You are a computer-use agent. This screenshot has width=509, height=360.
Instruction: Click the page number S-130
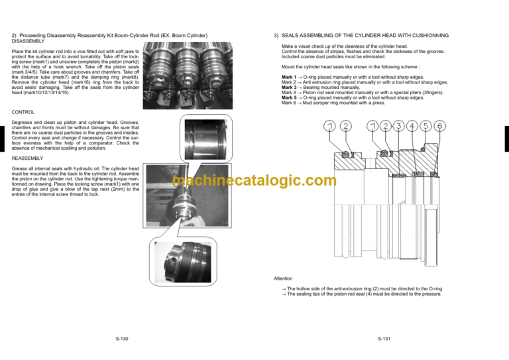pos(122,339)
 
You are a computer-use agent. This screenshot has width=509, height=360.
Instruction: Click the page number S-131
pos(384,339)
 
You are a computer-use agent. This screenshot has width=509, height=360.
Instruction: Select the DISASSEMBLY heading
pos(28,41)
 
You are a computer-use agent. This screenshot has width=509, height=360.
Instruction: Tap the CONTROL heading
pos(23,112)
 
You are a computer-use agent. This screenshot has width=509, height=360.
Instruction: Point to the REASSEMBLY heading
pos(27,158)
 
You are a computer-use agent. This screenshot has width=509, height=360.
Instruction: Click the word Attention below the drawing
pos(283,278)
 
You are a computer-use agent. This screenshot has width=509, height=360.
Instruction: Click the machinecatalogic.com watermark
pos(254,180)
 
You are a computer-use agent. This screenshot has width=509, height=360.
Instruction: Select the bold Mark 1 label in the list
pos(289,77)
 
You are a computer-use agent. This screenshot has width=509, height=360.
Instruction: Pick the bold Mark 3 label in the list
pos(289,88)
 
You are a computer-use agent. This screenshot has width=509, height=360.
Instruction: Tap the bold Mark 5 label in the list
pos(289,97)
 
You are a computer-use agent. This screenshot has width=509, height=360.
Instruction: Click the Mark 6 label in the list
pos(288,103)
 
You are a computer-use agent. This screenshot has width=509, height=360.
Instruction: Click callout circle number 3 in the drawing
pos(398,126)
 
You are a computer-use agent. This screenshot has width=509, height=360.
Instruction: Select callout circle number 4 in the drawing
pos(412,126)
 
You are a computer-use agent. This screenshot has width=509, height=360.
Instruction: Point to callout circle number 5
pos(426,126)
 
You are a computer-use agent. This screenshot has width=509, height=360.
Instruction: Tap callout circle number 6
pos(440,126)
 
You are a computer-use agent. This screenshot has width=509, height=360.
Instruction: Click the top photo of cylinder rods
pos(188,76)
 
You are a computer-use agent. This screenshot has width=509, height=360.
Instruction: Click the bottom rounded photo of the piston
pos(183,262)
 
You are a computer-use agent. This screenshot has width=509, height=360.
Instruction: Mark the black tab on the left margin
pos(2,139)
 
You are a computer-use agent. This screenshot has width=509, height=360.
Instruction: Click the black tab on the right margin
pos(507,139)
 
